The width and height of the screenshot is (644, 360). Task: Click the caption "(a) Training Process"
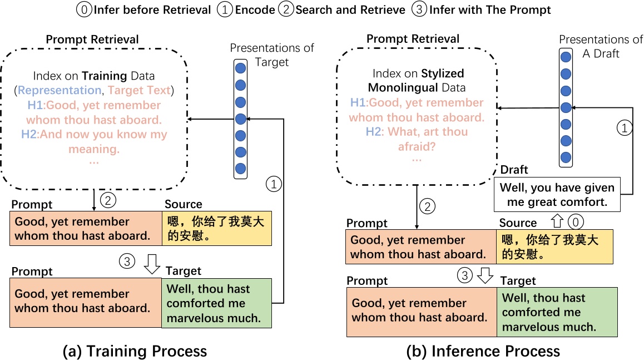pos(136,351)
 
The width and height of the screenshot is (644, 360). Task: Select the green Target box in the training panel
pos(217,303)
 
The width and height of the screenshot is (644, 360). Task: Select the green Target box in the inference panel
pos(557,312)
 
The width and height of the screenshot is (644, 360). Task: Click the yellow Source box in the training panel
pos(217,229)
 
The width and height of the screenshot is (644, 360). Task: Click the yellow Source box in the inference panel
pos(554,247)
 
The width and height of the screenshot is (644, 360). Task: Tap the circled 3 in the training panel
pos(127,260)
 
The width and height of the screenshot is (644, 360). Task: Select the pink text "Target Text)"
pos(141,90)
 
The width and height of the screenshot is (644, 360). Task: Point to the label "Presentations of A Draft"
pos(601,46)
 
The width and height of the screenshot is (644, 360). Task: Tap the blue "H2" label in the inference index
pos(374,132)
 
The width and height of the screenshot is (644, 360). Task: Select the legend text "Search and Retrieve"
pos(350,9)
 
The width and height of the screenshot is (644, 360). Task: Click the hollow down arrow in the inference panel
pos(486,275)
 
